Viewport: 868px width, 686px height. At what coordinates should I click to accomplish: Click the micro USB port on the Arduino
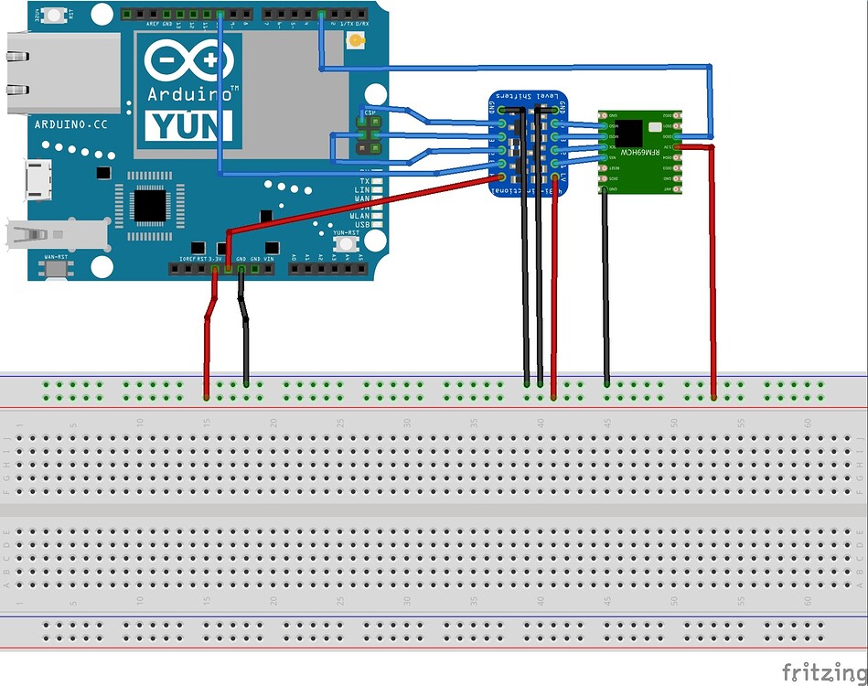click(38, 177)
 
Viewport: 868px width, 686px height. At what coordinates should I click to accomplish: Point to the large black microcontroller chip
click(149, 204)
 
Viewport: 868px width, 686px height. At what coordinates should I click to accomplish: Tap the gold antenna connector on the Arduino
click(357, 41)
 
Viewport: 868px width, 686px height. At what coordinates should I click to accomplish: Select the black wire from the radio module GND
click(605, 284)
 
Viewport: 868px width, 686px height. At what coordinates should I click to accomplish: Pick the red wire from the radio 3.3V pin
click(713, 274)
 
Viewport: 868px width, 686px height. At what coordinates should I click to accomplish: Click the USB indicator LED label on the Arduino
click(361, 224)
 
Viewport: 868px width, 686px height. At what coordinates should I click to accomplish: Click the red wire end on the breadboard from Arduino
click(206, 397)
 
